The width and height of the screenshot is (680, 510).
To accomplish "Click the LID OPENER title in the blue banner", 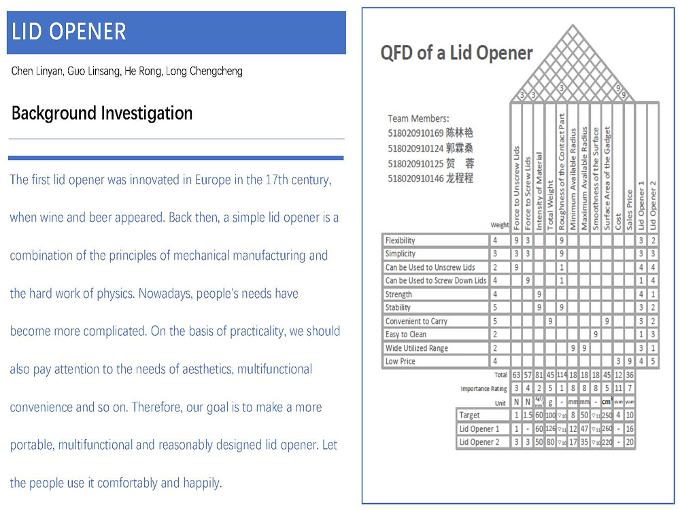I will coord(69,32).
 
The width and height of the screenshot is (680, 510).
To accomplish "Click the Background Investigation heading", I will coord(102,113).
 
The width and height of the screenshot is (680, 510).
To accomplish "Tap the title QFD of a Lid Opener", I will coord(456,53).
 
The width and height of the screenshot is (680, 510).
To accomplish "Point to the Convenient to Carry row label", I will coord(416,321).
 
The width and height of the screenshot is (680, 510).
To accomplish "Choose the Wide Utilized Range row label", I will coord(416,348).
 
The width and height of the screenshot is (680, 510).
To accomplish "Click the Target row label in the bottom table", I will coord(469,415).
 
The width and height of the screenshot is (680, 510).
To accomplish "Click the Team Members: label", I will coord(418,119).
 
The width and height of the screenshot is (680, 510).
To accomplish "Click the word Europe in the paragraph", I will coord(212,180).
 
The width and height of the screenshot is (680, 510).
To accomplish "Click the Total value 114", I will coord(561,375).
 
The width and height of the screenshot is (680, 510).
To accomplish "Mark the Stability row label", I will coord(398,308).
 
